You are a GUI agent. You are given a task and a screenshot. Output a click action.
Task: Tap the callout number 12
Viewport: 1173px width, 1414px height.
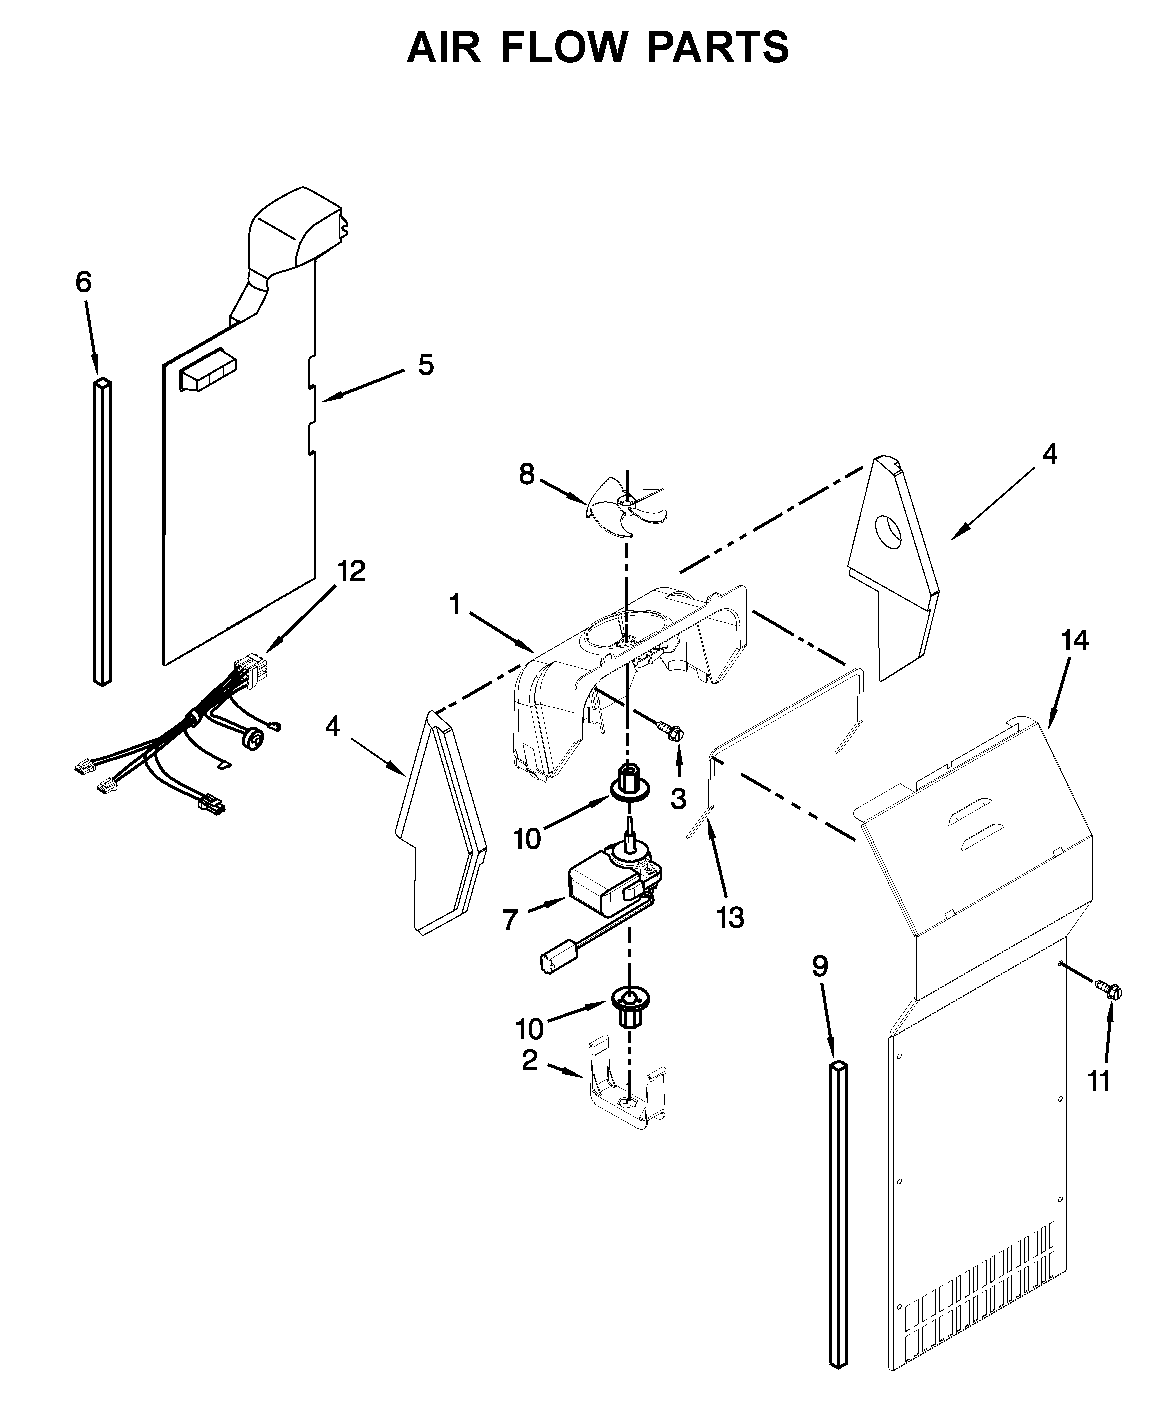tap(351, 571)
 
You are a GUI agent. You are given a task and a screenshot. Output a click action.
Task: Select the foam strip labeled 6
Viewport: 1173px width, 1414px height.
tap(102, 532)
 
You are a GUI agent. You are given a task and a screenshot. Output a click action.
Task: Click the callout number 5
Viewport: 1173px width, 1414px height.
tap(425, 365)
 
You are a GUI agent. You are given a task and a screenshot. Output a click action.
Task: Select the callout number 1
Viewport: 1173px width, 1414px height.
tap(455, 605)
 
